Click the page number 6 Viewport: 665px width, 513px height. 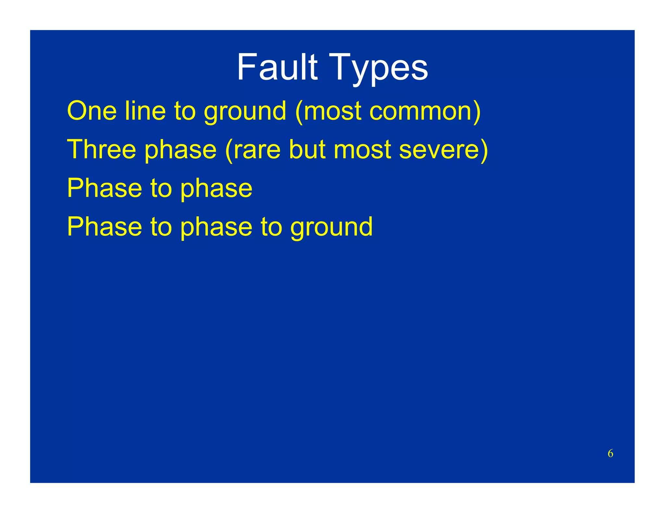[610, 453]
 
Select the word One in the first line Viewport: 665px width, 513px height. [92, 111]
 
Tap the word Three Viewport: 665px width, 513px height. [101, 149]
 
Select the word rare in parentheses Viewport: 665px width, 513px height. [257, 150]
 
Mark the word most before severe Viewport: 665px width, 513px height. [362, 150]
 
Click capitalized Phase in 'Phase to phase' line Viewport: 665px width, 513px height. [105, 188]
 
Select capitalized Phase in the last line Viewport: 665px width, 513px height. [105, 227]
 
